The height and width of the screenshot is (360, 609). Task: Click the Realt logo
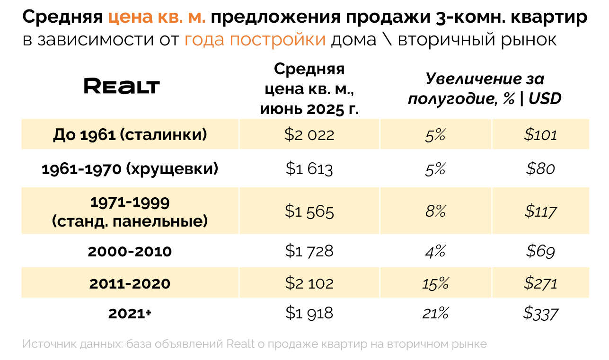pos(122,87)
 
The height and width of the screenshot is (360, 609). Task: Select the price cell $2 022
pos(309,135)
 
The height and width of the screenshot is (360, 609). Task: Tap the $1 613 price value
pos(309,169)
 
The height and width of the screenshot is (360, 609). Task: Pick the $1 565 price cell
pos(309,211)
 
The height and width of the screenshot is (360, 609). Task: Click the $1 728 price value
pos(309,251)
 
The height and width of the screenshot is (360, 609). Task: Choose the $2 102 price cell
pos(309,283)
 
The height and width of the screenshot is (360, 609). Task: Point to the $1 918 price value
pos(309,313)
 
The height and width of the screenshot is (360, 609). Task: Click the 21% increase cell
pos(435,313)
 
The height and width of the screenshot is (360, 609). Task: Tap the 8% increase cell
pos(435,211)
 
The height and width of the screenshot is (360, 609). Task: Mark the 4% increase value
pos(435,251)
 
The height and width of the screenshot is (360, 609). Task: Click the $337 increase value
pos(541,313)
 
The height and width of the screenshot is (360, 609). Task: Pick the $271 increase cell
pos(541,283)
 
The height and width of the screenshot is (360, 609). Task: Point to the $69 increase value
pos(541,251)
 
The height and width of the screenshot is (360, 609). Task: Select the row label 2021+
pos(130,313)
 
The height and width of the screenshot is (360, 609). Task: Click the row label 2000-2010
pos(130,251)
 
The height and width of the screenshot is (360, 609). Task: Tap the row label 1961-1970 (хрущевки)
pos(130,169)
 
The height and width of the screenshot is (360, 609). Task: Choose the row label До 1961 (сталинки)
pos(130,135)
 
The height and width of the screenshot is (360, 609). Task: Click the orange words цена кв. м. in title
pos(157,18)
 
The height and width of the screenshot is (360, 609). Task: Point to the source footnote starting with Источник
pos(254,344)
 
